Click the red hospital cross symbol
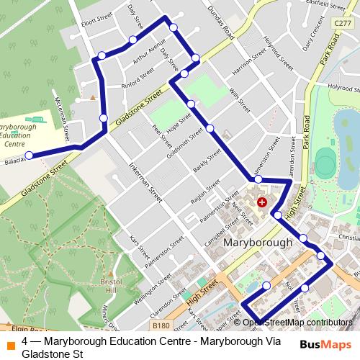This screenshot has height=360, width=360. tap(262, 203)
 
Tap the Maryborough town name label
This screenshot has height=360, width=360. tap(258, 243)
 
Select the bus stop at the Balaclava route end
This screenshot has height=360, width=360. tap(29, 155)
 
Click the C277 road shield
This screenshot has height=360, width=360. tap(343, 24)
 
